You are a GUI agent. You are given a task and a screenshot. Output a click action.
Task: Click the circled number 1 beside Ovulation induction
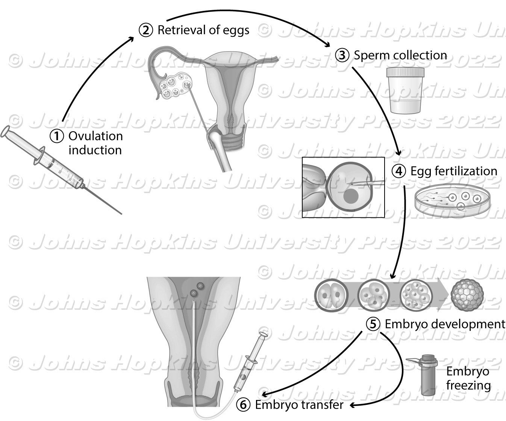57,136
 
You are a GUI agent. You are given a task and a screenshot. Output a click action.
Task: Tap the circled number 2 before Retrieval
146,30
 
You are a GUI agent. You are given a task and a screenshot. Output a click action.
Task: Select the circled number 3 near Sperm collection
342,56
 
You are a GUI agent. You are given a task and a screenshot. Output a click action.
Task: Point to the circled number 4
399,171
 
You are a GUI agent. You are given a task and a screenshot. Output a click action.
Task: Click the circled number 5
373,324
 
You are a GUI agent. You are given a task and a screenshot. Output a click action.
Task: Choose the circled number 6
243,404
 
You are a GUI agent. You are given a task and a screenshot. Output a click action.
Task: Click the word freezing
468,385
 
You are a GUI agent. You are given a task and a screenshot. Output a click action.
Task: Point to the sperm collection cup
406,90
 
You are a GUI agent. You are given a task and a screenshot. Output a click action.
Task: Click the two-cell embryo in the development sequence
329,294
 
